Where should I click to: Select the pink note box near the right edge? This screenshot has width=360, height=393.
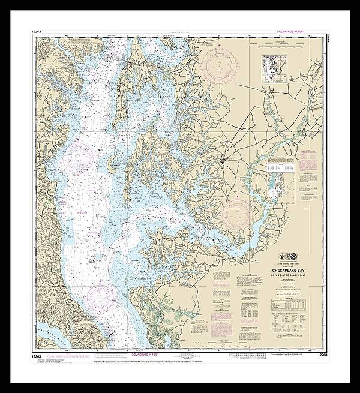pyautogui.click(x=310, y=161)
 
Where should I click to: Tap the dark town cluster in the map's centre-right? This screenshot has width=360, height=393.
pyautogui.click(x=228, y=159)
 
